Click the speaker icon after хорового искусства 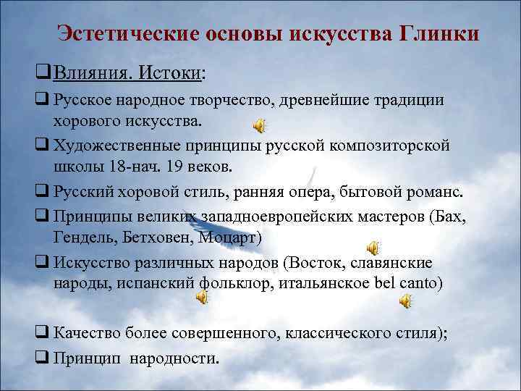click(x=258, y=125)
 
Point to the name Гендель click(x=81, y=237)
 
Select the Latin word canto click(x=418, y=282)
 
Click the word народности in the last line click(x=177, y=357)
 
